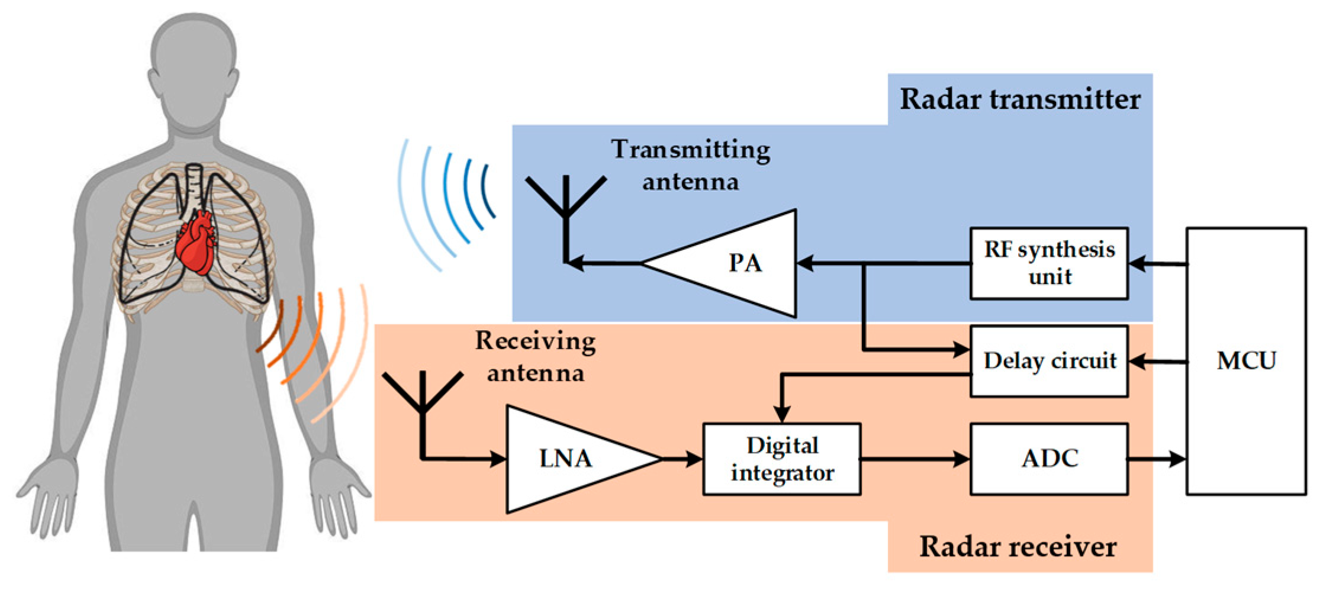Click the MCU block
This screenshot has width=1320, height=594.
pos(1245,361)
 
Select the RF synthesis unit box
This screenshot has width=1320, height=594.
pos(1049,263)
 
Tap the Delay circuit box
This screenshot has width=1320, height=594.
pos(1049,361)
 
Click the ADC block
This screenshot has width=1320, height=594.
pos(1049,459)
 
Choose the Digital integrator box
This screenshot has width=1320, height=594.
pos(781,459)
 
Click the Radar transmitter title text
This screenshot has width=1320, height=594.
pos(1019,99)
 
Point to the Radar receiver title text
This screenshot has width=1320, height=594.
pos(1018,547)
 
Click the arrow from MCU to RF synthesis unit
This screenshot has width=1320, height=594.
pos(1158,264)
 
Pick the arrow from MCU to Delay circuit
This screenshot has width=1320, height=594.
pos(1158,361)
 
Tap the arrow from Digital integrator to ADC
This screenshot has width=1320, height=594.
pos(915,459)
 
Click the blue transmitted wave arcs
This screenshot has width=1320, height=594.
pos(450,201)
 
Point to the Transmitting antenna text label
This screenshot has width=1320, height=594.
pos(691,164)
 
